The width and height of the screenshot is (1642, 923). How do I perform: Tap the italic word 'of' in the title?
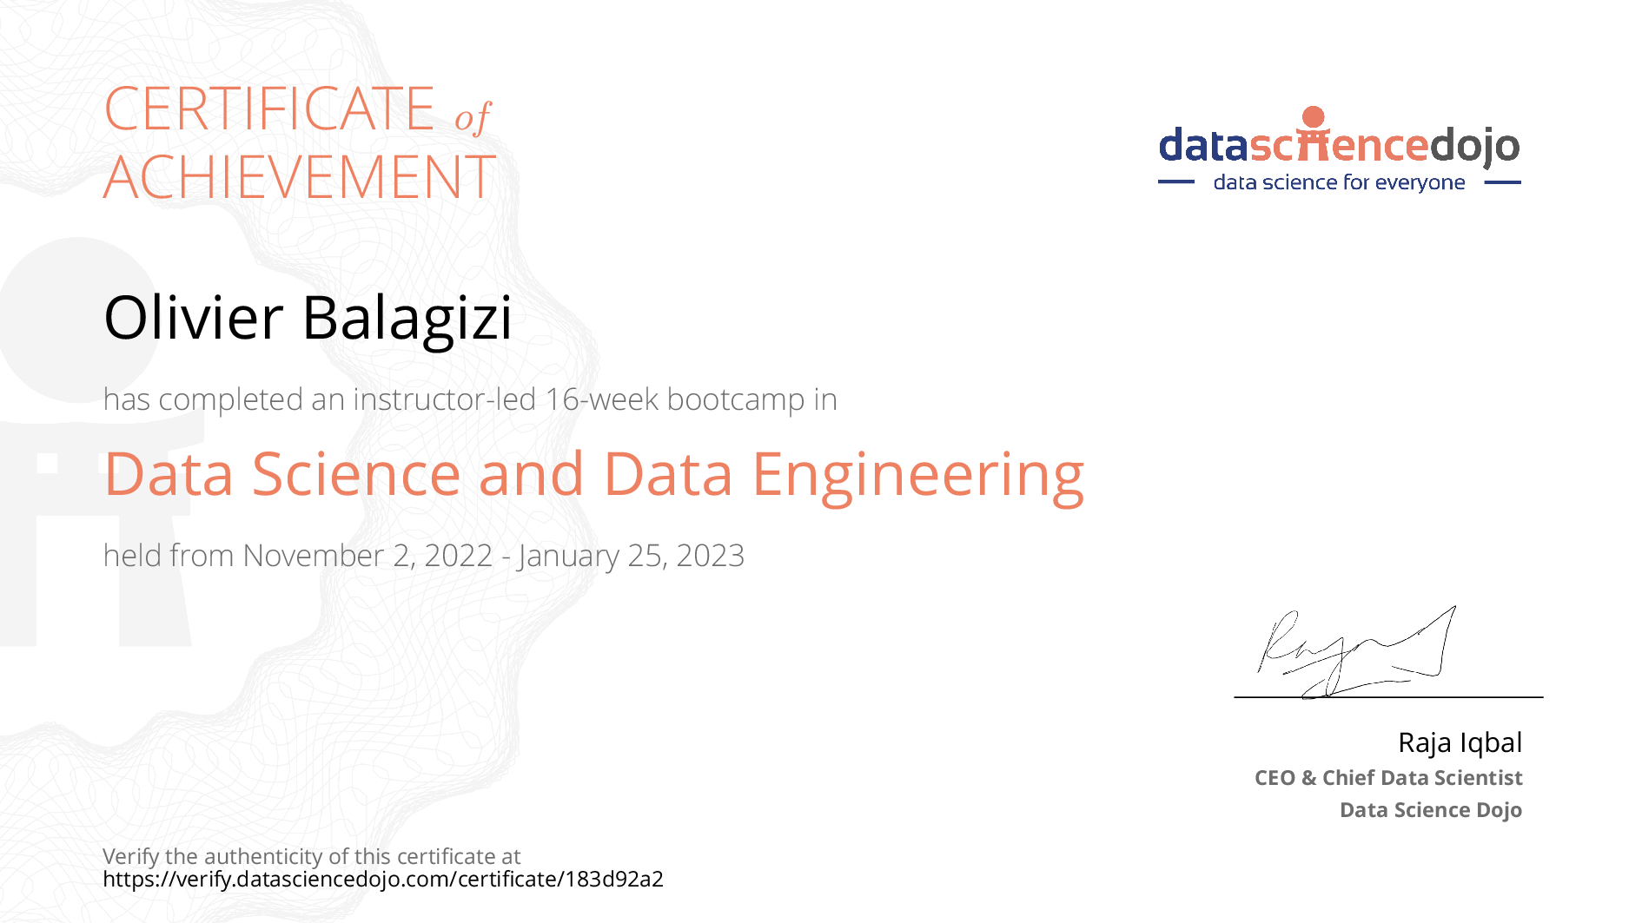(473, 117)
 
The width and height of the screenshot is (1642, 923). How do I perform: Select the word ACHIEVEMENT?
(300, 177)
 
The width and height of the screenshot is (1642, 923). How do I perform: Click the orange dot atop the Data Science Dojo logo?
(1314, 117)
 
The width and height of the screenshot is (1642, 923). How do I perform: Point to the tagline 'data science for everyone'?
(1339, 182)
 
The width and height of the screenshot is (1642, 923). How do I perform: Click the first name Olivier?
(193, 317)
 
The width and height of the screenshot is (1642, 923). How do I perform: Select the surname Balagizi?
(407, 320)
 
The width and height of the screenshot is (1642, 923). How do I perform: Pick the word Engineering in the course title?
(917, 477)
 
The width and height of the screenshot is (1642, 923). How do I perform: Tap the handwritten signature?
(1356, 652)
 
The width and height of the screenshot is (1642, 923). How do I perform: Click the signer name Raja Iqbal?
(1460, 742)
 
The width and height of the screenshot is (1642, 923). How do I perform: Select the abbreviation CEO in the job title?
(1275, 778)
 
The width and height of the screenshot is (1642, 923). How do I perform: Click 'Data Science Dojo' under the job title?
(1431, 810)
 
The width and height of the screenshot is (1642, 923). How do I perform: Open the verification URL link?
(383, 879)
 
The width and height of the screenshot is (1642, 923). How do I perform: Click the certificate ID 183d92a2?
(614, 879)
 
